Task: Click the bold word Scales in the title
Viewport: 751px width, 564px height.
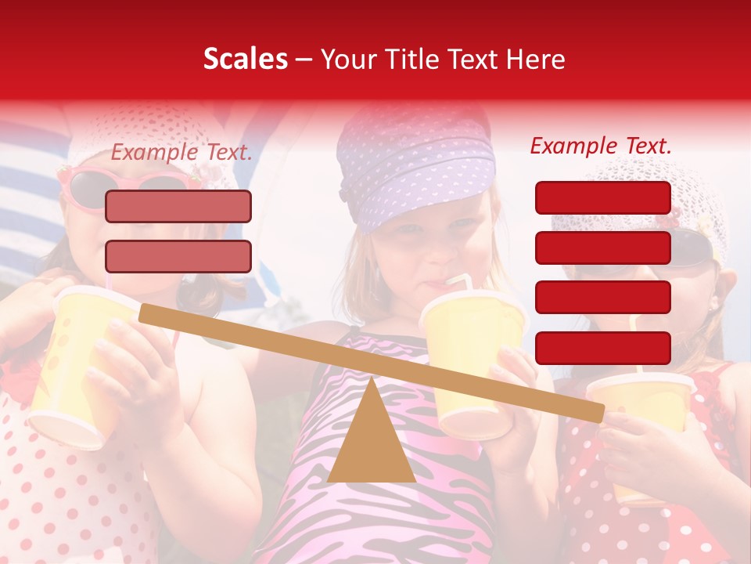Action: coord(245,60)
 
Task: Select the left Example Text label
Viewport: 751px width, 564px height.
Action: coord(181,153)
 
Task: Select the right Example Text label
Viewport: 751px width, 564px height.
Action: coord(601,146)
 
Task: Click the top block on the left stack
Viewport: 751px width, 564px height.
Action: coord(178,206)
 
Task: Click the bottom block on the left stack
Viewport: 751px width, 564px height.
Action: coord(178,256)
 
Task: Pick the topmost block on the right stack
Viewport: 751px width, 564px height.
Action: coord(602,197)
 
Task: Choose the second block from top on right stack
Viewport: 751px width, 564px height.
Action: coord(602,248)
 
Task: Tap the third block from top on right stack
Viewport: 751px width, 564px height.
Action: coord(602,298)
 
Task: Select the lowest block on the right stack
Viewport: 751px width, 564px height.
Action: coord(602,348)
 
